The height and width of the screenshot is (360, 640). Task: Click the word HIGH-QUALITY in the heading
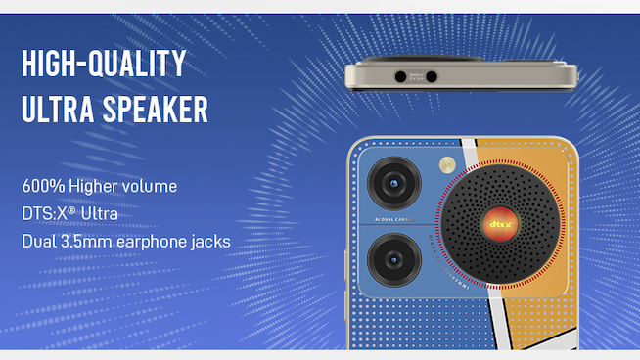point(104,65)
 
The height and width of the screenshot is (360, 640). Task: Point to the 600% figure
point(41,186)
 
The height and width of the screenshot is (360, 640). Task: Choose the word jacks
point(211,241)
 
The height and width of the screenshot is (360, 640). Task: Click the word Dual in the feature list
point(37,241)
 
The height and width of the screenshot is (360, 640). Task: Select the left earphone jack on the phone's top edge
point(400,75)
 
